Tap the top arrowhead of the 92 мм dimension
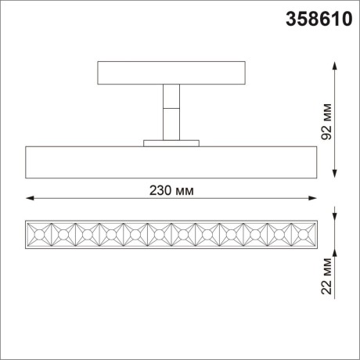pos(337,65)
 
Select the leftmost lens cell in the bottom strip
pos(38,234)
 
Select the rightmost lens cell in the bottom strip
pos(301,234)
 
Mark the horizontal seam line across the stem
pos(169,109)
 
